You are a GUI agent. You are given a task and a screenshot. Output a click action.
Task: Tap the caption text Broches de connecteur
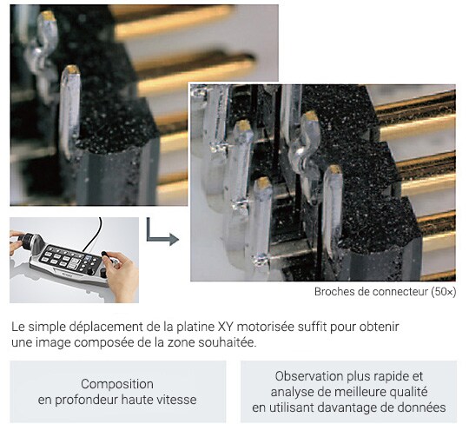(371, 292)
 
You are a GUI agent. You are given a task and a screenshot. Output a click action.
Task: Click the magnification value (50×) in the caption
(444, 292)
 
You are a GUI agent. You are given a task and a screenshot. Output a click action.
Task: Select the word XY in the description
(226, 327)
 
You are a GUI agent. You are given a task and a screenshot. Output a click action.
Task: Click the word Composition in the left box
(117, 384)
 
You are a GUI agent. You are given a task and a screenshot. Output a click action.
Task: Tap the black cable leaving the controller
(95, 234)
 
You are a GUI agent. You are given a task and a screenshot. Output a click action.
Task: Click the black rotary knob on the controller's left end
(26, 240)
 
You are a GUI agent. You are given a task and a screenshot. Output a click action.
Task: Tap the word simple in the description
(46, 327)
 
